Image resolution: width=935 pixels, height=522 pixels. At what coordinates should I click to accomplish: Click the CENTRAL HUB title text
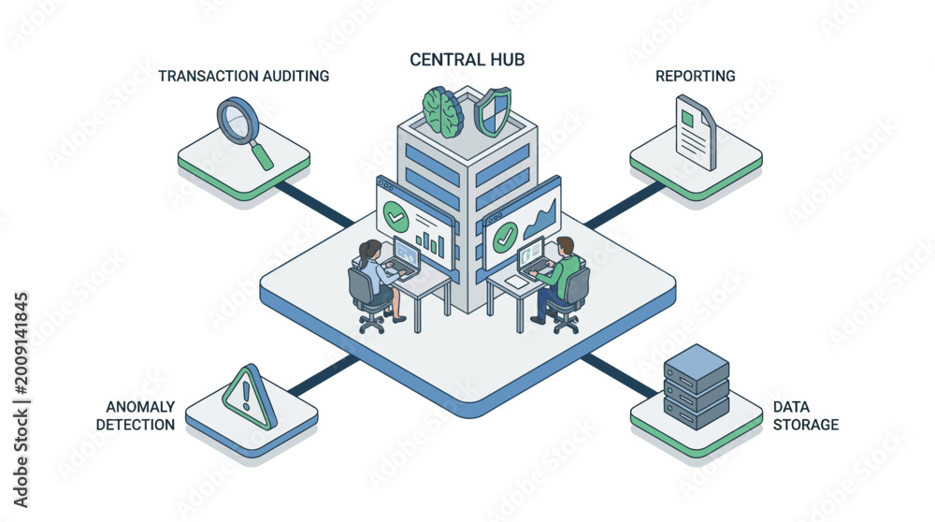[x=467, y=60]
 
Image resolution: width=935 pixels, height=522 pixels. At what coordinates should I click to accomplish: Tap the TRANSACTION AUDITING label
[x=243, y=77]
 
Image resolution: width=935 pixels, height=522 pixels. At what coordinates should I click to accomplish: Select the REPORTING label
[x=696, y=77]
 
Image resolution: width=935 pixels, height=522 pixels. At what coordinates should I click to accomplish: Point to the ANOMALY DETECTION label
[x=136, y=415]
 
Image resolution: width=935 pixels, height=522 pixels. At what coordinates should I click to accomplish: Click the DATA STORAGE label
[x=806, y=415]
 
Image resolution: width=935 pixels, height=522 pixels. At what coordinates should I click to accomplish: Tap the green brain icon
[x=442, y=111]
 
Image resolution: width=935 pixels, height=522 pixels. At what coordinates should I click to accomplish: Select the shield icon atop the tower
[x=493, y=111]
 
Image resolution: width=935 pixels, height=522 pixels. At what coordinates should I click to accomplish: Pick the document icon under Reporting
[x=696, y=133]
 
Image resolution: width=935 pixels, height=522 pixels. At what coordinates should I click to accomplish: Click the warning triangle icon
[x=250, y=397]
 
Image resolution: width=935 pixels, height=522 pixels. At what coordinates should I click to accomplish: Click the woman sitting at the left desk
[x=377, y=281]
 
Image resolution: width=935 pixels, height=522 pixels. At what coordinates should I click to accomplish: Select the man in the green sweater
[x=557, y=279]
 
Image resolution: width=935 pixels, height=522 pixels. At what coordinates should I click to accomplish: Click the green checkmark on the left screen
[x=396, y=216]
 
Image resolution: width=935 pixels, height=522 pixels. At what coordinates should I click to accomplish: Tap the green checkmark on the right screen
[x=505, y=238]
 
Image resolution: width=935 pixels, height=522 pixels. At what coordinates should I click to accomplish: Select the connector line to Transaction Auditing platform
[x=313, y=204]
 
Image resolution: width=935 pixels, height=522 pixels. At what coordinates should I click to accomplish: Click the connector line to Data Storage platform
[x=618, y=376]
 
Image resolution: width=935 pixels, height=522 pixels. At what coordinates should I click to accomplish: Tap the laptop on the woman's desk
[x=406, y=257]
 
